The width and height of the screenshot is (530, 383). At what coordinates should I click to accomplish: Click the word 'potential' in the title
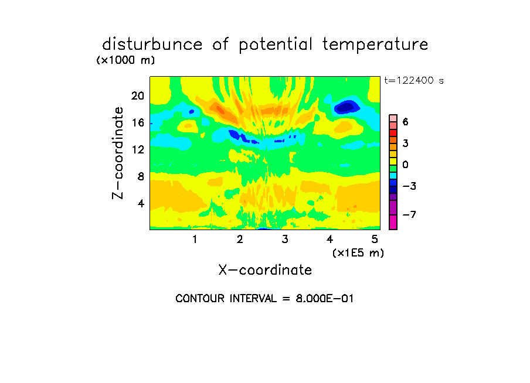[x=276, y=45]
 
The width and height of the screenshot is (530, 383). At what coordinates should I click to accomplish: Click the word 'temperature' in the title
[x=375, y=45]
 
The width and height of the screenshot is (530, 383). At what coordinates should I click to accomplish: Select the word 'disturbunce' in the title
[x=152, y=45]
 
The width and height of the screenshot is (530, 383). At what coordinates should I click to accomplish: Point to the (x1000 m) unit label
[x=125, y=60]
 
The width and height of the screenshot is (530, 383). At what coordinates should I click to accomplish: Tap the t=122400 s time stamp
[x=414, y=80]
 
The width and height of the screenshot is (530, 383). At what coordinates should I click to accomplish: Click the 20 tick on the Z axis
[x=138, y=96]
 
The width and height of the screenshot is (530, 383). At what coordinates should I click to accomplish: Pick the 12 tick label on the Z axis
[x=138, y=149]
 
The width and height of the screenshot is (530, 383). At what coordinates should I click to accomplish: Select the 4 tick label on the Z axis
[x=141, y=203]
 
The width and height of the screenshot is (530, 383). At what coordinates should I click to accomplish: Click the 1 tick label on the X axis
[x=195, y=239]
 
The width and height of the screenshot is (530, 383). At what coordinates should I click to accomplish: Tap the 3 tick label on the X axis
[x=285, y=239]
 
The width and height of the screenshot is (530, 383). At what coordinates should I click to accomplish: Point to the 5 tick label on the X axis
[x=375, y=239]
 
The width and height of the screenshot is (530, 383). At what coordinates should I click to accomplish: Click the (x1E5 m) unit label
[x=358, y=253]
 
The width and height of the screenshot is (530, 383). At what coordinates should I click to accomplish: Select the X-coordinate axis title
[x=265, y=270]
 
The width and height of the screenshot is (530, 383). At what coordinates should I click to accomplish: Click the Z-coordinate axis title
[x=118, y=153]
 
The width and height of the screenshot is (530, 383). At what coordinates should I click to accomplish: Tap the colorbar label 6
[x=406, y=122]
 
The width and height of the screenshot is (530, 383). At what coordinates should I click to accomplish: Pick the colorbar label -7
[x=409, y=214]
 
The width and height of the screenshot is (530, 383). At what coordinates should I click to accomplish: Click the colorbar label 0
[x=406, y=165]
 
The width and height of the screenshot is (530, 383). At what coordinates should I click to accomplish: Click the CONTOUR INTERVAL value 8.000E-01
[x=324, y=299]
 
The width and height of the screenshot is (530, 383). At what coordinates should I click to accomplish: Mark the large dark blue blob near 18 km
[x=346, y=107]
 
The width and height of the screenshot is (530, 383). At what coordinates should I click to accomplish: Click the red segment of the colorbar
[x=393, y=133]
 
